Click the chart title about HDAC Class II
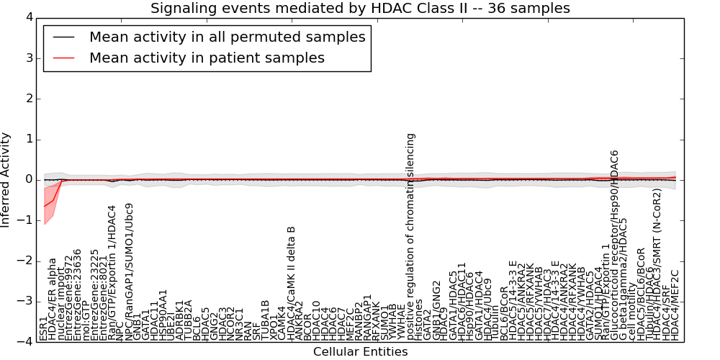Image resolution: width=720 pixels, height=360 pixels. coord(360,8)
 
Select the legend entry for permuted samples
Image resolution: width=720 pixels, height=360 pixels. coord(227,37)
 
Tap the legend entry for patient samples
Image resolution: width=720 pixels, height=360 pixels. coord(207,58)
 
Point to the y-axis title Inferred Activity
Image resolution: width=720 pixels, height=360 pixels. coord(6,179)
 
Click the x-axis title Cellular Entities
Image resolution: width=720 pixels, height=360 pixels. coord(360,352)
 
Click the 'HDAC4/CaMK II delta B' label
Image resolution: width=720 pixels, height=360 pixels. coord(292,284)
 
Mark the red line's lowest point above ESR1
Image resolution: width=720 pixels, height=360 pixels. coord(44,207)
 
